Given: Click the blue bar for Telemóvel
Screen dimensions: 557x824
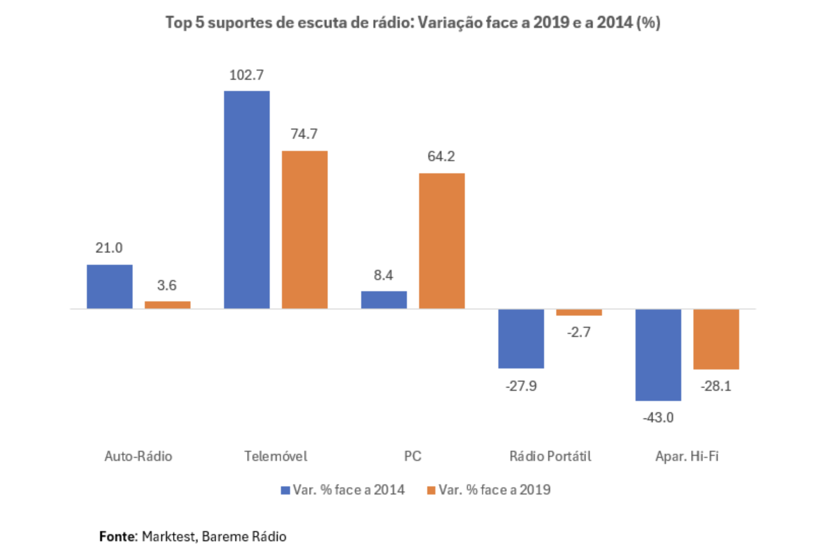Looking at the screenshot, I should click(246, 200).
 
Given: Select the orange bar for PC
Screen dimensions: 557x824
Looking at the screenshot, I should click(441, 241).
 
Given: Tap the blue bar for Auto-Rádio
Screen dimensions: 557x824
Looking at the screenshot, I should click(109, 287).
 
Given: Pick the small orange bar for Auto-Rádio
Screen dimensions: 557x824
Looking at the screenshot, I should click(167, 305).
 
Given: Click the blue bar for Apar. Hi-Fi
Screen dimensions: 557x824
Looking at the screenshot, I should click(658, 355).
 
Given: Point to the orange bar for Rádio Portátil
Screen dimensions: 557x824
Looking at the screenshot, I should click(579, 313).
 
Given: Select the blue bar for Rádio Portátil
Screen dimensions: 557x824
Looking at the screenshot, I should click(521, 338).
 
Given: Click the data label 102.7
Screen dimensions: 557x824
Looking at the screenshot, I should click(246, 75).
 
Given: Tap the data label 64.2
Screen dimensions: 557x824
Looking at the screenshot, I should click(441, 157).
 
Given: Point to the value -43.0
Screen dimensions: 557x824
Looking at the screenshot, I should click(658, 418).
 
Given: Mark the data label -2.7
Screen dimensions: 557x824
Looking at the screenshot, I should click(579, 332).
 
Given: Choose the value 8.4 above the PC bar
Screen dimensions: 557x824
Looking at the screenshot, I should click(383, 275).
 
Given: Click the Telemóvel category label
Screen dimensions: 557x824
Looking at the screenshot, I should click(275, 456).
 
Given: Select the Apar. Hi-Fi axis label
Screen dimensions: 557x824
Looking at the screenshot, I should click(687, 456).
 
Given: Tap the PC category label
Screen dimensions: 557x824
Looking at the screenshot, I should click(413, 456).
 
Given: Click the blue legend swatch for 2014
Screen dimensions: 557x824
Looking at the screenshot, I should click(285, 490).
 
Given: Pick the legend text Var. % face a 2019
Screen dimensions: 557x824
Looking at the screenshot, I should click(494, 490).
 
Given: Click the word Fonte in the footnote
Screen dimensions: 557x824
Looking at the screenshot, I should click(117, 537).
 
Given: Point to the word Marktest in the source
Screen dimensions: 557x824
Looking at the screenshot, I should click(168, 537).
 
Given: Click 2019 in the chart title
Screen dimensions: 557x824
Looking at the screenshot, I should click(551, 23).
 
